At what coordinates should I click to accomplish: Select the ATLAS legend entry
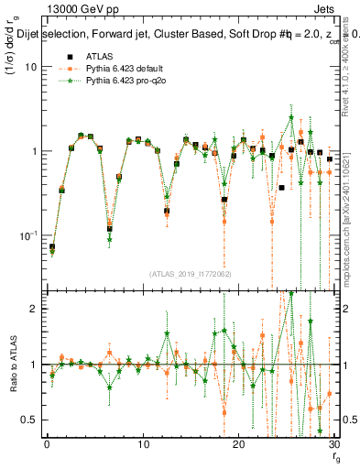[92, 57]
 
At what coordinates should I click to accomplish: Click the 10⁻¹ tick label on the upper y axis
[30, 235]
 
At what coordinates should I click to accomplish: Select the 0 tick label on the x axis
[46, 444]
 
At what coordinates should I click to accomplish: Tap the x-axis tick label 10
[142, 444]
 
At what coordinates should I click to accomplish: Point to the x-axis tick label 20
[238, 444]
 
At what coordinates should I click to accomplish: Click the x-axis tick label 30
[333, 444]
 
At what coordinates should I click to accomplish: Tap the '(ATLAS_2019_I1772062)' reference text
[190, 273]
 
